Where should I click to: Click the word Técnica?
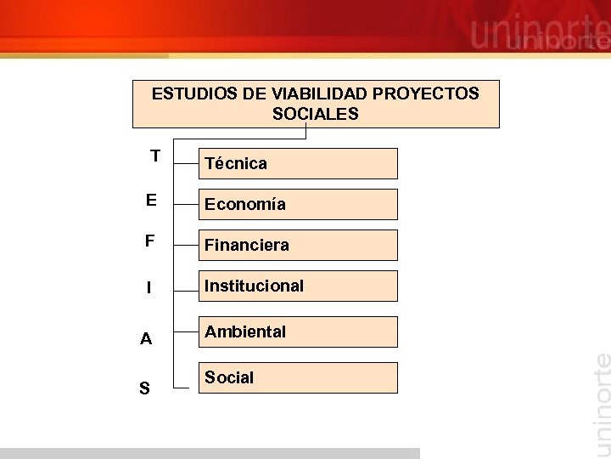(x=236, y=163)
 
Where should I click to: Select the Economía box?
(x=298, y=204)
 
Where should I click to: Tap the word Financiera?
(x=247, y=245)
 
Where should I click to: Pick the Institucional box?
(x=298, y=286)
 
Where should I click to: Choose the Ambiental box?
(x=298, y=331)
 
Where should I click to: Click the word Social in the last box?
(x=229, y=377)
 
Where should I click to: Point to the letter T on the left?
(x=154, y=156)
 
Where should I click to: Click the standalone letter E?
(x=151, y=200)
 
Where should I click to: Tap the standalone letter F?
(x=149, y=241)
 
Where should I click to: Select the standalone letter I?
(x=149, y=288)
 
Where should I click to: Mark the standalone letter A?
(x=146, y=339)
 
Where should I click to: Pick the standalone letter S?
(x=144, y=389)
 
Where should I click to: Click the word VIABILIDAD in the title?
(x=319, y=93)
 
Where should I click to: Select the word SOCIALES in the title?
(x=316, y=114)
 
